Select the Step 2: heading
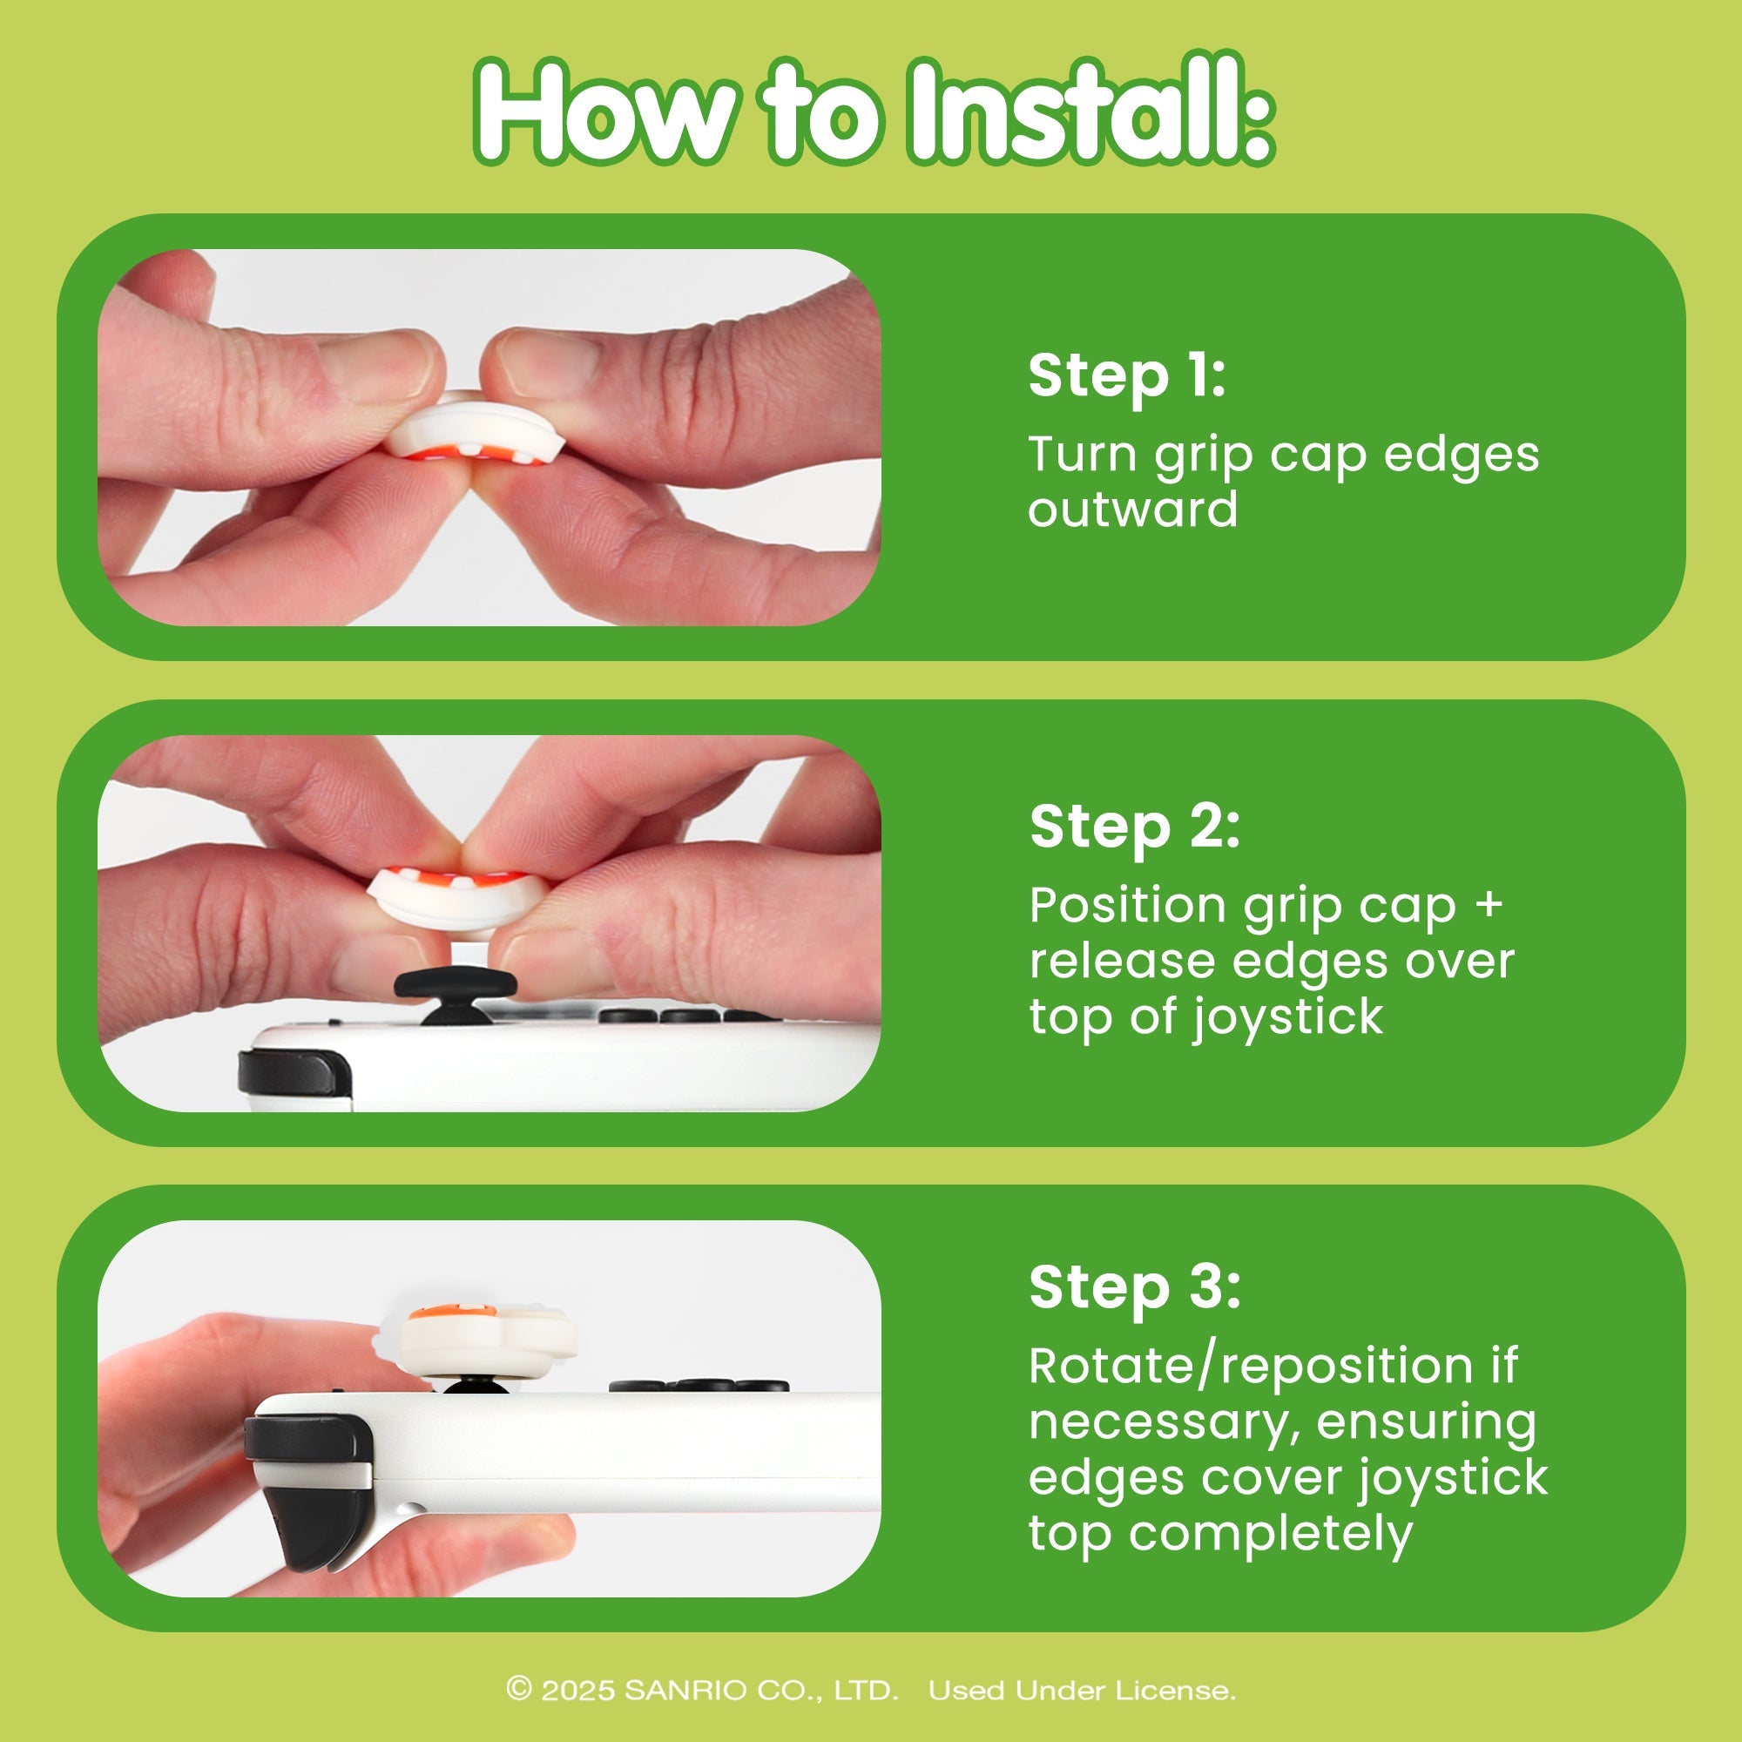(1134, 827)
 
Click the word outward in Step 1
(1132, 510)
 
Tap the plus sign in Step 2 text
(1489, 904)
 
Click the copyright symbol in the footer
(518, 1689)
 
